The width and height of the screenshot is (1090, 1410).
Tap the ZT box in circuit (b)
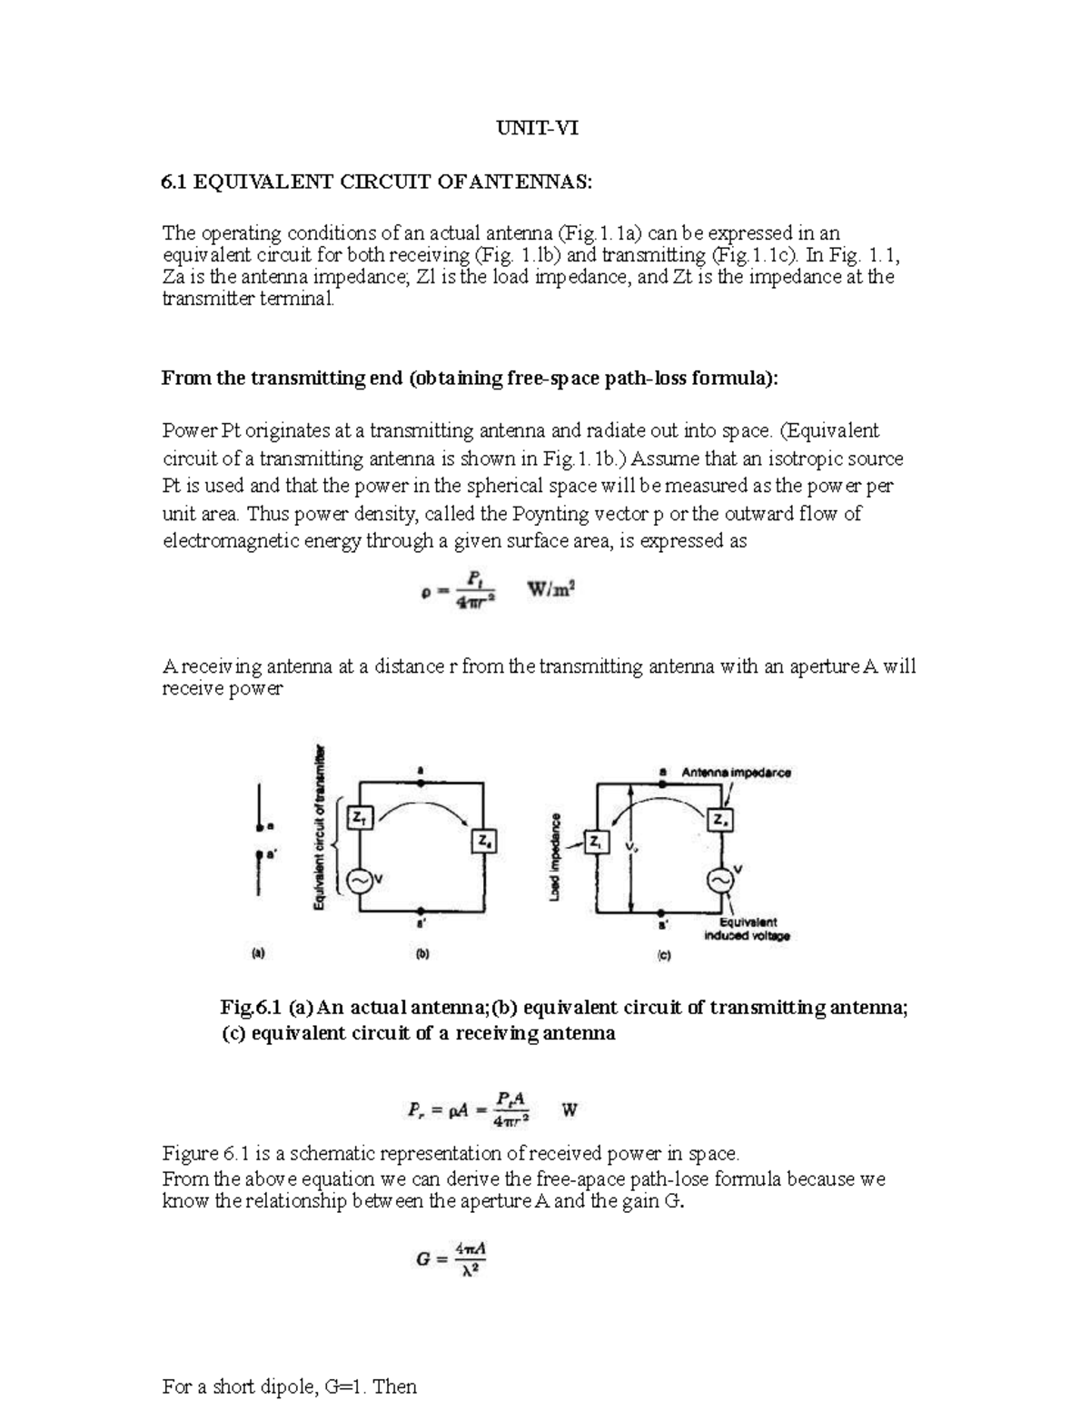point(361,818)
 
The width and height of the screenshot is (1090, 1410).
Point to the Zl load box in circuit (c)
point(596,843)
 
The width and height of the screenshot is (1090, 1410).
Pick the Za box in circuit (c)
point(723,820)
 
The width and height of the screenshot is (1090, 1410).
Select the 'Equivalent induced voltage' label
point(747,929)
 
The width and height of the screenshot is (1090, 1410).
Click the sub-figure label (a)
point(258,953)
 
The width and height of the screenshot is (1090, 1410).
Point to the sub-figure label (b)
point(421,954)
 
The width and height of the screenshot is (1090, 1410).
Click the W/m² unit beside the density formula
point(553,589)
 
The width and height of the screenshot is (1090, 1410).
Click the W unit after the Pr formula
point(570,1109)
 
